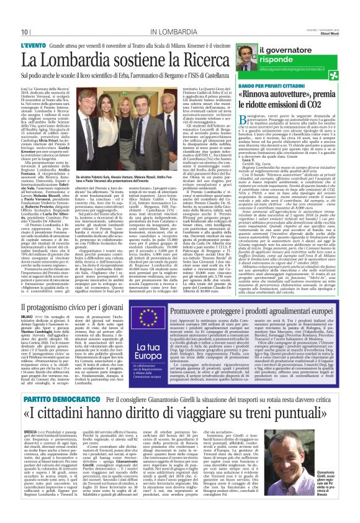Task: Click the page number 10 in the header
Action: pos(24,31)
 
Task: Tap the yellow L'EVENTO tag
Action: pos(37,45)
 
